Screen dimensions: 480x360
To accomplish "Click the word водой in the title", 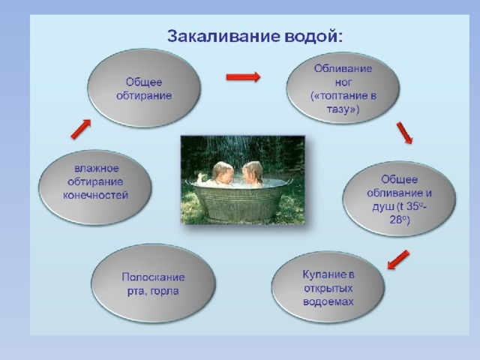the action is (311, 37).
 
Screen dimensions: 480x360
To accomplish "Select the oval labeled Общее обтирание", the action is (144, 88).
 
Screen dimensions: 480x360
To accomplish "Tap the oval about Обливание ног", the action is (343, 88).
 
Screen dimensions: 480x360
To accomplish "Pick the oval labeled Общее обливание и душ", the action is (399, 199).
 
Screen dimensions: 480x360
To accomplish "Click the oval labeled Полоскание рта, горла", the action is (153, 283).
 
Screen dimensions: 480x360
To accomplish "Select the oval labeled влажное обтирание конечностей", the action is (95, 187).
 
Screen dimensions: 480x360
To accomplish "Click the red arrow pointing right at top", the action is (243, 76).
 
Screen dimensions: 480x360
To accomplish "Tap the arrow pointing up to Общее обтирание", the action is (81, 129).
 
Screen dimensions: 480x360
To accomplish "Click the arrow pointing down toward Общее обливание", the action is (404, 133).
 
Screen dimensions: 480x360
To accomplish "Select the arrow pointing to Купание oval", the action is (398, 259).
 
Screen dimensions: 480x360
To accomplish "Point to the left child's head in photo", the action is (223, 172).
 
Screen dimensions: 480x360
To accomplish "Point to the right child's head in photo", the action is (253, 172).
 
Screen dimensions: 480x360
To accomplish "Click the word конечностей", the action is (95, 195).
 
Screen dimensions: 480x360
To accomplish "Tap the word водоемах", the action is (328, 301).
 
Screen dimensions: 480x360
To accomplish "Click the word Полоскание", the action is (153, 277).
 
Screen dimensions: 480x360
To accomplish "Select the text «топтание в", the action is (343, 96).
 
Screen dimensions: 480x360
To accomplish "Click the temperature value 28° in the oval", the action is (399, 220).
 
